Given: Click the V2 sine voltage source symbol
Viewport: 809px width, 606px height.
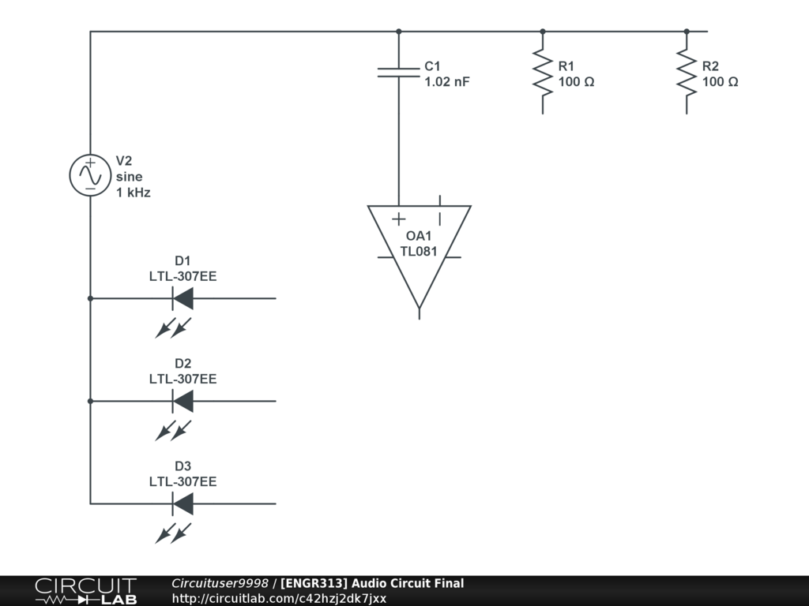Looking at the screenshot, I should pos(90,175).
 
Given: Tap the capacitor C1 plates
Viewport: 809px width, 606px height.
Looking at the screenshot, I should pos(398,72).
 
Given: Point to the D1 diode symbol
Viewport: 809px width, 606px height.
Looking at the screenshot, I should pos(182,298).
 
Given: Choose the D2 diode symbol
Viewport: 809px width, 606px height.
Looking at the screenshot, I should pos(182,401).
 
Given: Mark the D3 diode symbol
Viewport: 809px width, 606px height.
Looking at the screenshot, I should pos(182,503).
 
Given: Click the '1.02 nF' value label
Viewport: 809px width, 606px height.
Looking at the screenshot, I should pos(447,81).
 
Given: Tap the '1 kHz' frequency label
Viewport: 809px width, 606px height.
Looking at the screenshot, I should pos(133,192).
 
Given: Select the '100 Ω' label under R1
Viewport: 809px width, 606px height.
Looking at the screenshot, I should pos(576,81).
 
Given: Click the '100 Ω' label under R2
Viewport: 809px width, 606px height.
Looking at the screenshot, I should pos(720,81).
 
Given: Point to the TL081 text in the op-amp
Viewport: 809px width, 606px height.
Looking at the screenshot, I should pos(419,252).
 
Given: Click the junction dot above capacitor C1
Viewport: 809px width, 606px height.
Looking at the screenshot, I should pos(398,32).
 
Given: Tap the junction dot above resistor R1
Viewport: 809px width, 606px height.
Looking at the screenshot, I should pos(542,32).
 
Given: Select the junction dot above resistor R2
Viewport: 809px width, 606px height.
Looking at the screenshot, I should pos(686,32).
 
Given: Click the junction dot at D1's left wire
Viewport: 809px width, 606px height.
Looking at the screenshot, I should pos(90,298).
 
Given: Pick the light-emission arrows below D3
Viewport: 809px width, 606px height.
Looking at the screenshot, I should pos(173,533).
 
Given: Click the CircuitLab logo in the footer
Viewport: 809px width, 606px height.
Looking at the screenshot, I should pos(85,591).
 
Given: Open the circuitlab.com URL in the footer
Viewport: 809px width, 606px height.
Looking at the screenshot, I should pos(279,598).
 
